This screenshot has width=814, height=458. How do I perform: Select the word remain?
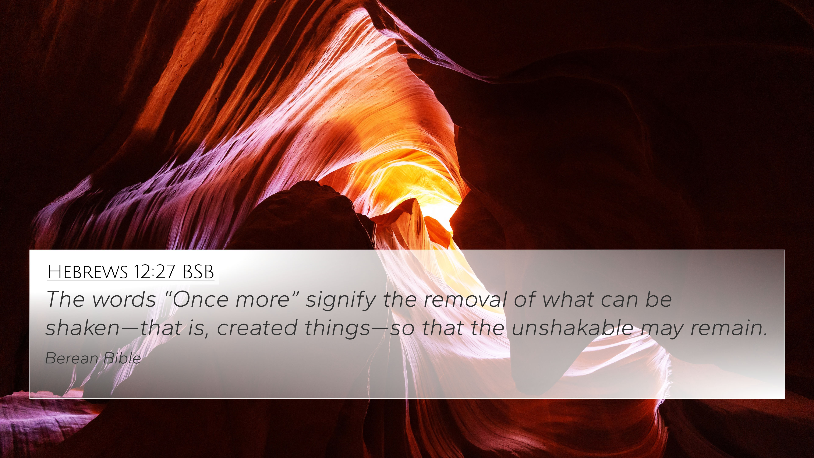click(x=728, y=328)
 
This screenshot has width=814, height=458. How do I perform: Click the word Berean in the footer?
click(x=72, y=358)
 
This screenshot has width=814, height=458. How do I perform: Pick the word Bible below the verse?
click(x=122, y=358)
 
